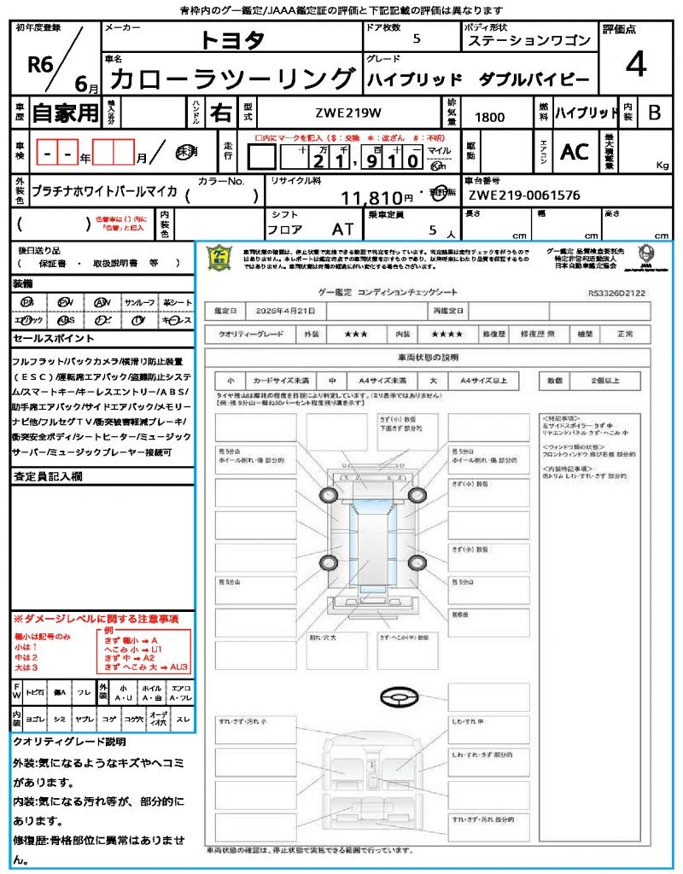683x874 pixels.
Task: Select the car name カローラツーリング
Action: click(x=231, y=79)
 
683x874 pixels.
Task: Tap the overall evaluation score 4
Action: click(x=634, y=65)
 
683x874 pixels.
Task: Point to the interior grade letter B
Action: click(x=654, y=112)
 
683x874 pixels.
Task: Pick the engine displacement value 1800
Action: click(x=489, y=117)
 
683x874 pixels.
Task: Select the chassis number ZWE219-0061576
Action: click(x=524, y=195)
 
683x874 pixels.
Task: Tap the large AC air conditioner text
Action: click(x=575, y=151)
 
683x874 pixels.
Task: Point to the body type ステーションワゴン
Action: click(x=528, y=41)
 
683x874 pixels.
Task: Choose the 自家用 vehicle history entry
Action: click(x=66, y=112)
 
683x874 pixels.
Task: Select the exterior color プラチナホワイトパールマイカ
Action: click(x=104, y=191)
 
